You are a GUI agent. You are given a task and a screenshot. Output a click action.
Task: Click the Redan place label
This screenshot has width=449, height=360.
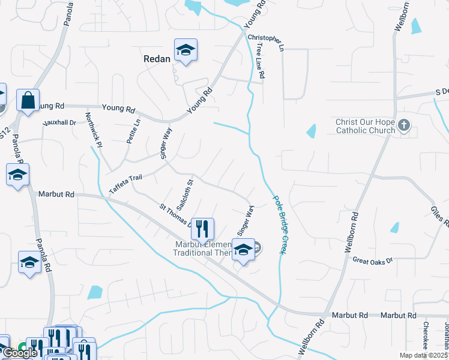[x=157, y=59]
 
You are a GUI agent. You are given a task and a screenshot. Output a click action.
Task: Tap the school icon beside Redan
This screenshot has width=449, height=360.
[x=186, y=51]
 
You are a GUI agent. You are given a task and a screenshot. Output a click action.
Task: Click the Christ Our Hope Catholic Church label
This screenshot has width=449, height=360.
[x=365, y=126]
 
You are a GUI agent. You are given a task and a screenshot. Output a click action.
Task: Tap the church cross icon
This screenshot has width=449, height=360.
[x=404, y=125]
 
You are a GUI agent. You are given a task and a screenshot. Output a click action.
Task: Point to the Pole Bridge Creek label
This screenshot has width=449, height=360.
[x=279, y=224]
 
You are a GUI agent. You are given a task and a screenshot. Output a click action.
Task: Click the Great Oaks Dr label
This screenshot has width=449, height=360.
[x=372, y=260]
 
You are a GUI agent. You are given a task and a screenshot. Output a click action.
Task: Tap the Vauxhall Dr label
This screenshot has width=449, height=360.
[x=59, y=122]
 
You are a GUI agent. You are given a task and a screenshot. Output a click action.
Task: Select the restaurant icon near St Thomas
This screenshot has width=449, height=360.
[x=202, y=229]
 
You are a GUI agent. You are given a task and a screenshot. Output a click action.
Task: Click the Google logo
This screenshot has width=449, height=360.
[x=19, y=353]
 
